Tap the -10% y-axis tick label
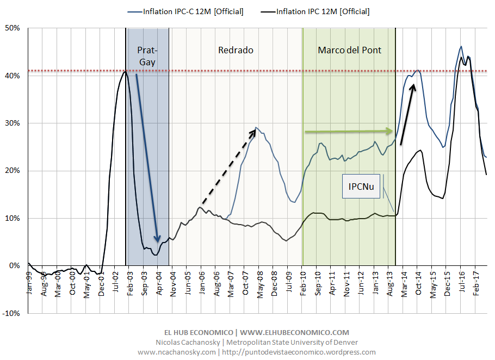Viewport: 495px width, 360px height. (12, 313)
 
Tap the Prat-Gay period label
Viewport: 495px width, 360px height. (147, 56)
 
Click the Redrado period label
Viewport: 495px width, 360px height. (236, 50)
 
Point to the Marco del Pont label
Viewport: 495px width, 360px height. (349, 50)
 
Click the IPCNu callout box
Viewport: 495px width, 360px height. (361, 186)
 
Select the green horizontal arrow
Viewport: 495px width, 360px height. (349, 131)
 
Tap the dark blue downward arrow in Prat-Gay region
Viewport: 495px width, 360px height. (147, 158)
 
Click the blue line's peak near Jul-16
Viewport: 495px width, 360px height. (461, 47)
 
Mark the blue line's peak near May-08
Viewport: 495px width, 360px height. (257, 128)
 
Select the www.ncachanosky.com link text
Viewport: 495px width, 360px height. (177, 352)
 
